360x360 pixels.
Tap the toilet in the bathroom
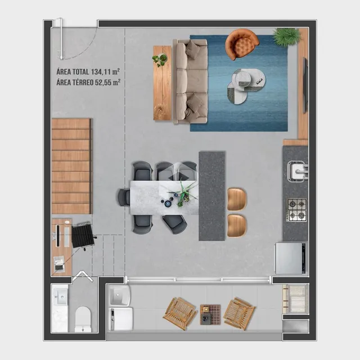pos(83,319)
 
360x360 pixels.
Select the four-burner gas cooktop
pos(298,210)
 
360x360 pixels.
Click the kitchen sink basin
pos(298,171)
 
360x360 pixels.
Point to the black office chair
pos(83,236)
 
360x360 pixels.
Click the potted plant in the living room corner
pos(286,37)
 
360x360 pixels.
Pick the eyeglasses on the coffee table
pos(259,81)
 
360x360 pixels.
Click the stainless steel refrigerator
pos(290,258)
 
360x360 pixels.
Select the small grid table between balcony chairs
pos(210,314)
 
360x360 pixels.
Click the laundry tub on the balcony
pos(120,296)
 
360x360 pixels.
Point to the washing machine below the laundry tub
pos(121,319)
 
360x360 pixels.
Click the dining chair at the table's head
pos(124,197)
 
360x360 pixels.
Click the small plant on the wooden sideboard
pos(160,60)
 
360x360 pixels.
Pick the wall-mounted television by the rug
pos(305,85)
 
